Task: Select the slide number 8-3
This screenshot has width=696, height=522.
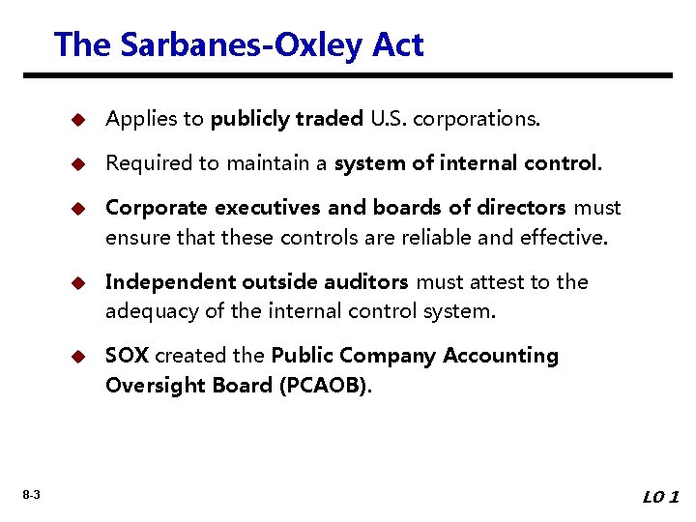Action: [31, 496]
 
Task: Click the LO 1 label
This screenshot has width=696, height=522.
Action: [661, 497]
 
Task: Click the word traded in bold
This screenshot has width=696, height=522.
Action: [330, 119]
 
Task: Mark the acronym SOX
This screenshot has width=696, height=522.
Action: [127, 356]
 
